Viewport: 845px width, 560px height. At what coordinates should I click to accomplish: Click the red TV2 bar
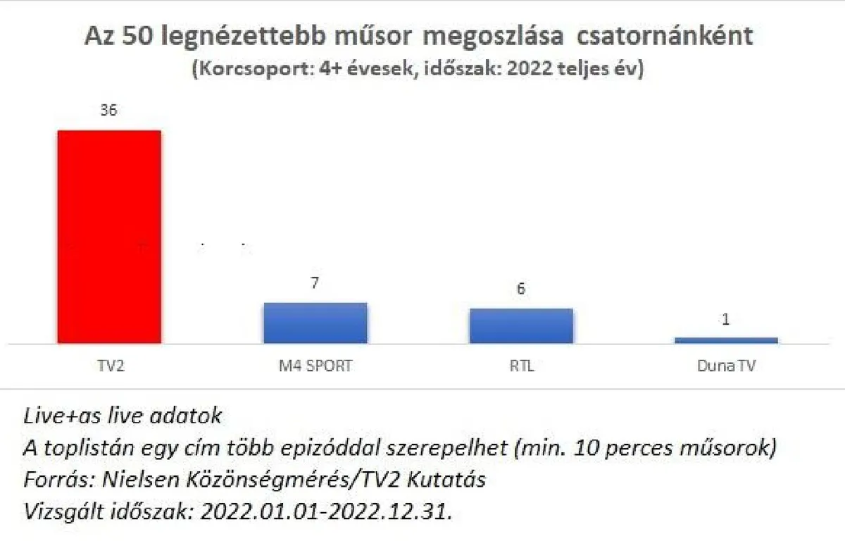click(x=109, y=237)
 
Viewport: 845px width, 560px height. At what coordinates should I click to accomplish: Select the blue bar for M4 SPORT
click(x=315, y=323)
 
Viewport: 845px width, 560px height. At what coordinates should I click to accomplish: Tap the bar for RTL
click(x=521, y=325)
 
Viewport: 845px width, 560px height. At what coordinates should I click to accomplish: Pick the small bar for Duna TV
click(x=726, y=340)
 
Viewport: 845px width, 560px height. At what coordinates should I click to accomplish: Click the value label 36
click(x=109, y=111)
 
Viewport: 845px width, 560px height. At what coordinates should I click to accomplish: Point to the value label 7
click(x=315, y=283)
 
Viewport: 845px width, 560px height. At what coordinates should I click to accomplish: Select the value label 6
click(x=521, y=290)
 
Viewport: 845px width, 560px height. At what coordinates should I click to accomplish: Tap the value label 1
click(x=726, y=319)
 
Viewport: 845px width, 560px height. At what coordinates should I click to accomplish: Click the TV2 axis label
click(x=109, y=366)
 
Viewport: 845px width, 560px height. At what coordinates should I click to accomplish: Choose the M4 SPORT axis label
click(x=315, y=366)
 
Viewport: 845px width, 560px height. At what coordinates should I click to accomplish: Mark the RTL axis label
click(x=521, y=366)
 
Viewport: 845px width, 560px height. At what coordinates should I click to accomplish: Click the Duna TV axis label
click(x=726, y=366)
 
